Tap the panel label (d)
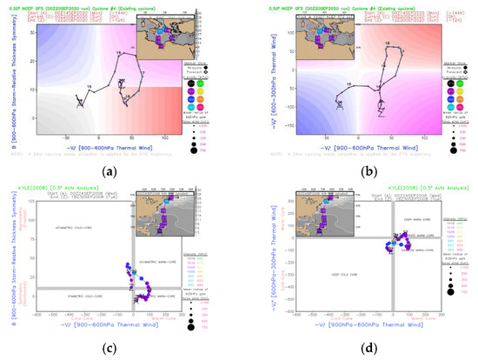pyautogui.click(x=357, y=350)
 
